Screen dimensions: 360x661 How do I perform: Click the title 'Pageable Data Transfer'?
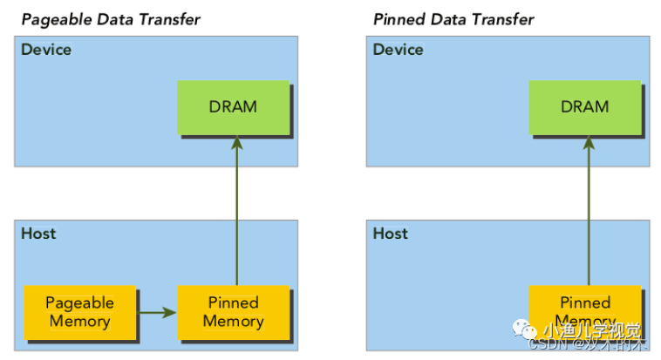tap(111, 19)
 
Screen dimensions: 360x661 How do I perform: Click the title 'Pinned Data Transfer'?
tap(453, 19)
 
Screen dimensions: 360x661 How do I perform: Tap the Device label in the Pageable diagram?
tap(46, 50)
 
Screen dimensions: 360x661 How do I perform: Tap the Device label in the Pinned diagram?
tap(399, 50)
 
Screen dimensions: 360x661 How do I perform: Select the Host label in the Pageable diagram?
tap(38, 234)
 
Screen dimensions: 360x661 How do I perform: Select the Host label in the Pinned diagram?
tap(391, 234)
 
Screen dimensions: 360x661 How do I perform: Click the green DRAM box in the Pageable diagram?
tap(233, 107)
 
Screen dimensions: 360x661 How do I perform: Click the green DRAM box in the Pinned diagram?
tap(585, 107)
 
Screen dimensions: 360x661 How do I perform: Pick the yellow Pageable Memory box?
tap(80, 312)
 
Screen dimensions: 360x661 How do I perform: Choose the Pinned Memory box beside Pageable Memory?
tap(233, 311)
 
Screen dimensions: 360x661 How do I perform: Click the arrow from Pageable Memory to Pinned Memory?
tap(158, 311)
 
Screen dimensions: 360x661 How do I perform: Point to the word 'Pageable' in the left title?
tap(55, 19)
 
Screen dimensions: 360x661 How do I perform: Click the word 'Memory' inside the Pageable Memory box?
tap(80, 321)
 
